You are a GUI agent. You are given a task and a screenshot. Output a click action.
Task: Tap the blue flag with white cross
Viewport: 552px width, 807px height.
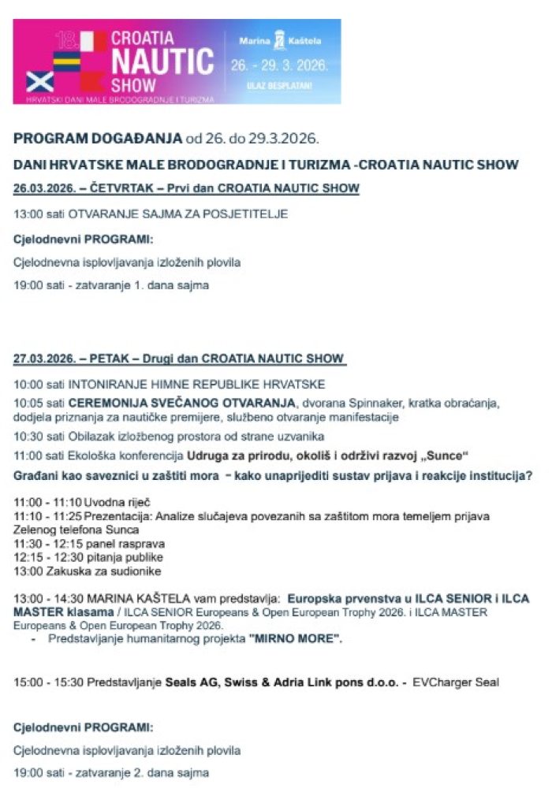39,81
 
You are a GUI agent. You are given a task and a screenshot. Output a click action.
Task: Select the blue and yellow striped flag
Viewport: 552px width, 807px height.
66,61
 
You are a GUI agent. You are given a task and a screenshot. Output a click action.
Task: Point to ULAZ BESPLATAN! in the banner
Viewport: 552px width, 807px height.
278,84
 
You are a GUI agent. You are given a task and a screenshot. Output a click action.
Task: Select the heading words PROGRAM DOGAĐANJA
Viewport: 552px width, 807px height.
98,139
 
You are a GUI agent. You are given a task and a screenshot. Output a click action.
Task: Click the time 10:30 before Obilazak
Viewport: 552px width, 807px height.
29,436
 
